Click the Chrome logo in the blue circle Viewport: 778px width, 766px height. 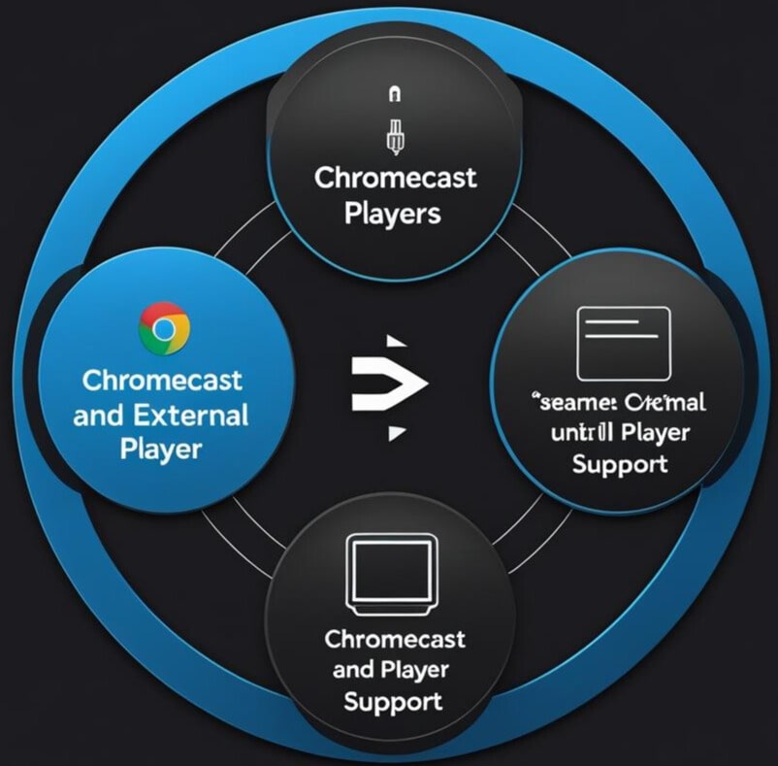click(164, 328)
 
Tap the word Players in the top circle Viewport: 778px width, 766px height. click(393, 213)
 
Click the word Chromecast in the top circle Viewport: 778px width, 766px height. click(395, 179)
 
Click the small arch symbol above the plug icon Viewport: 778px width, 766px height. click(394, 95)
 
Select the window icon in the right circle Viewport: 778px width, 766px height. click(624, 344)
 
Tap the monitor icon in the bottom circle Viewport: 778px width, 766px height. click(393, 575)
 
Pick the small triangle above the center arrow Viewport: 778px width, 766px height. click(394, 342)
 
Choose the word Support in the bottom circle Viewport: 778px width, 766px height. click(394, 700)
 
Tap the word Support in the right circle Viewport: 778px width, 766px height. click(620, 463)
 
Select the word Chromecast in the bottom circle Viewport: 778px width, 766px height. click(394, 640)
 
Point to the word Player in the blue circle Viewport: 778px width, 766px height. click(161, 450)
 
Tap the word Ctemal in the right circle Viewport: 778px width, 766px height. click(665, 401)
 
